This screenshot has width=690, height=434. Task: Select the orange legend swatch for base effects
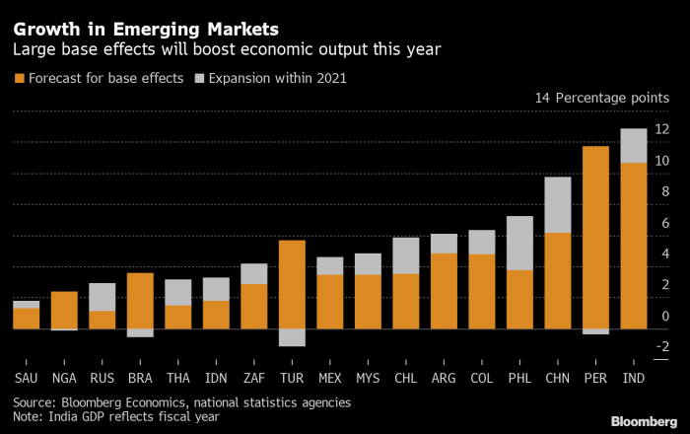point(19,78)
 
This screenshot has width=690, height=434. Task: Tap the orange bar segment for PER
point(594,237)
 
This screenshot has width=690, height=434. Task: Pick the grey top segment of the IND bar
point(633,145)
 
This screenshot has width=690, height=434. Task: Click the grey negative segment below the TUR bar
point(292,337)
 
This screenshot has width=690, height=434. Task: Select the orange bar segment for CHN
point(558,280)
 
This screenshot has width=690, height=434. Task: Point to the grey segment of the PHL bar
point(520,243)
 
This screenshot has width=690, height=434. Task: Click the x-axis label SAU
point(27,378)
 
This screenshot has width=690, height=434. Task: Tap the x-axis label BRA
point(140,378)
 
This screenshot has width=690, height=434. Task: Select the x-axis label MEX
point(329,378)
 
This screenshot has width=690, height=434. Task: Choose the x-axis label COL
point(482,378)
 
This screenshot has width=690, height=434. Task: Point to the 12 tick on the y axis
point(661,129)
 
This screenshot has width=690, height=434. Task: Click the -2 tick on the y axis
point(661,346)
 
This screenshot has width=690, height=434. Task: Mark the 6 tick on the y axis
point(661,223)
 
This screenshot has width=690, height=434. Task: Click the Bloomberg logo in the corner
point(644,421)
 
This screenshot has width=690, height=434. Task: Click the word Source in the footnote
point(35,402)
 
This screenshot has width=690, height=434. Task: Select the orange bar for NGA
point(64,310)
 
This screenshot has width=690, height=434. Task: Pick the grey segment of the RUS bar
point(103,297)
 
